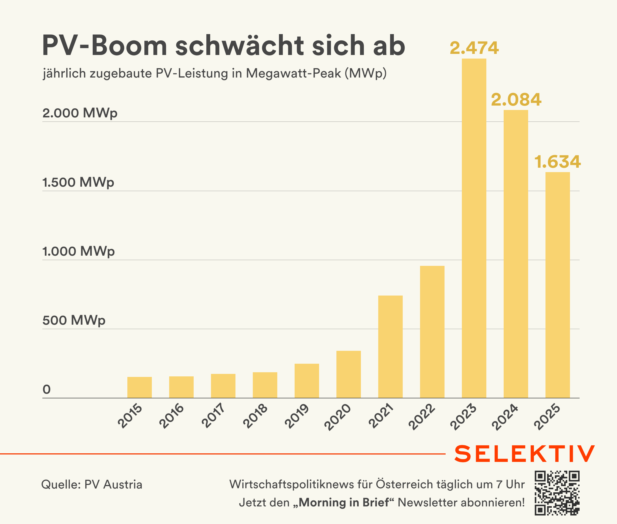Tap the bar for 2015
(x=139, y=387)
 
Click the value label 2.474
(x=474, y=48)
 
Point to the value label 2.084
(x=516, y=100)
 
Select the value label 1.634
(x=558, y=162)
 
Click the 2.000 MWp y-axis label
(x=80, y=113)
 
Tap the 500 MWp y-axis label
(x=74, y=321)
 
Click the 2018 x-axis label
(x=255, y=416)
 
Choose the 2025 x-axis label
(x=547, y=417)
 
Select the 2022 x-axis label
(x=422, y=417)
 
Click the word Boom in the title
(x=129, y=46)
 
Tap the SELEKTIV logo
(x=524, y=454)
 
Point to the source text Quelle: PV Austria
(x=92, y=484)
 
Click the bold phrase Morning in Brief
(x=344, y=502)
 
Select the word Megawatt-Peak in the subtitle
(x=293, y=73)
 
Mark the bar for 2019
(x=307, y=381)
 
